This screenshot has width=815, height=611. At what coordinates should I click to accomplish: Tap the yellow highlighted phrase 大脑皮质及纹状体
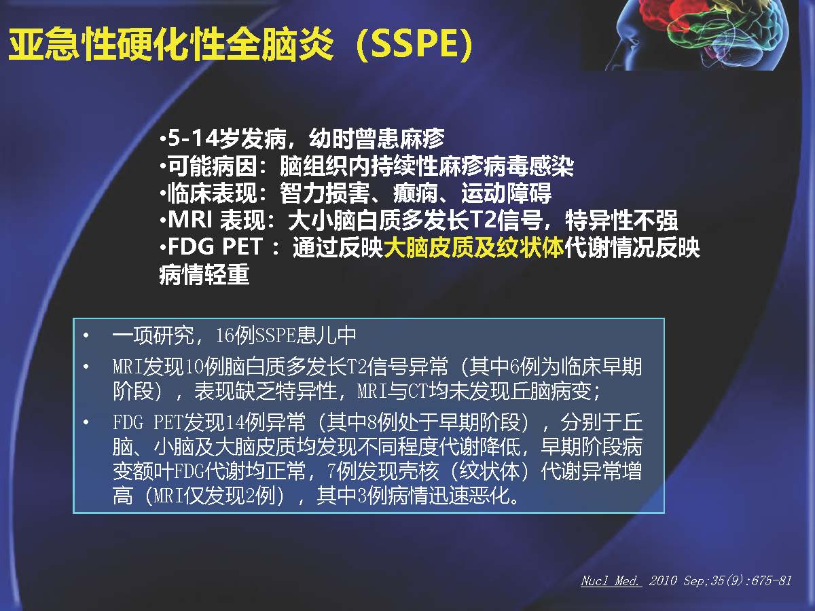pyautogui.click(x=473, y=247)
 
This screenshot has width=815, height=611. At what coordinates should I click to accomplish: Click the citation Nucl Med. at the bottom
pyautogui.click(x=611, y=580)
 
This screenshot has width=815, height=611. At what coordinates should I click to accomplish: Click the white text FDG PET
pyautogui.click(x=215, y=246)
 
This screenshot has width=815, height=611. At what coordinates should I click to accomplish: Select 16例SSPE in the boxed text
pyautogui.click(x=255, y=335)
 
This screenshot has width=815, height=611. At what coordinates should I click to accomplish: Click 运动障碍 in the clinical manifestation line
pyautogui.click(x=506, y=193)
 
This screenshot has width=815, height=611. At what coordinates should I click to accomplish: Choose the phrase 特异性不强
pyautogui.click(x=621, y=220)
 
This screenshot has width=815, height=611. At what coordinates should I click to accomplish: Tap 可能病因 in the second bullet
pyautogui.click(x=213, y=166)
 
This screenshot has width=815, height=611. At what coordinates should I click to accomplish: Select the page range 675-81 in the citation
pyautogui.click(x=771, y=580)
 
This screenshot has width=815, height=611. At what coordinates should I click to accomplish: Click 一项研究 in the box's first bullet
pyautogui.click(x=153, y=335)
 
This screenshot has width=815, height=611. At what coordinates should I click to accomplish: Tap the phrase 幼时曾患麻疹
pyautogui.click(x=376, y=138)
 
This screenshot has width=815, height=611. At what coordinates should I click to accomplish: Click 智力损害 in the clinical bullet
pyautogui.click(x=325, y=193)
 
